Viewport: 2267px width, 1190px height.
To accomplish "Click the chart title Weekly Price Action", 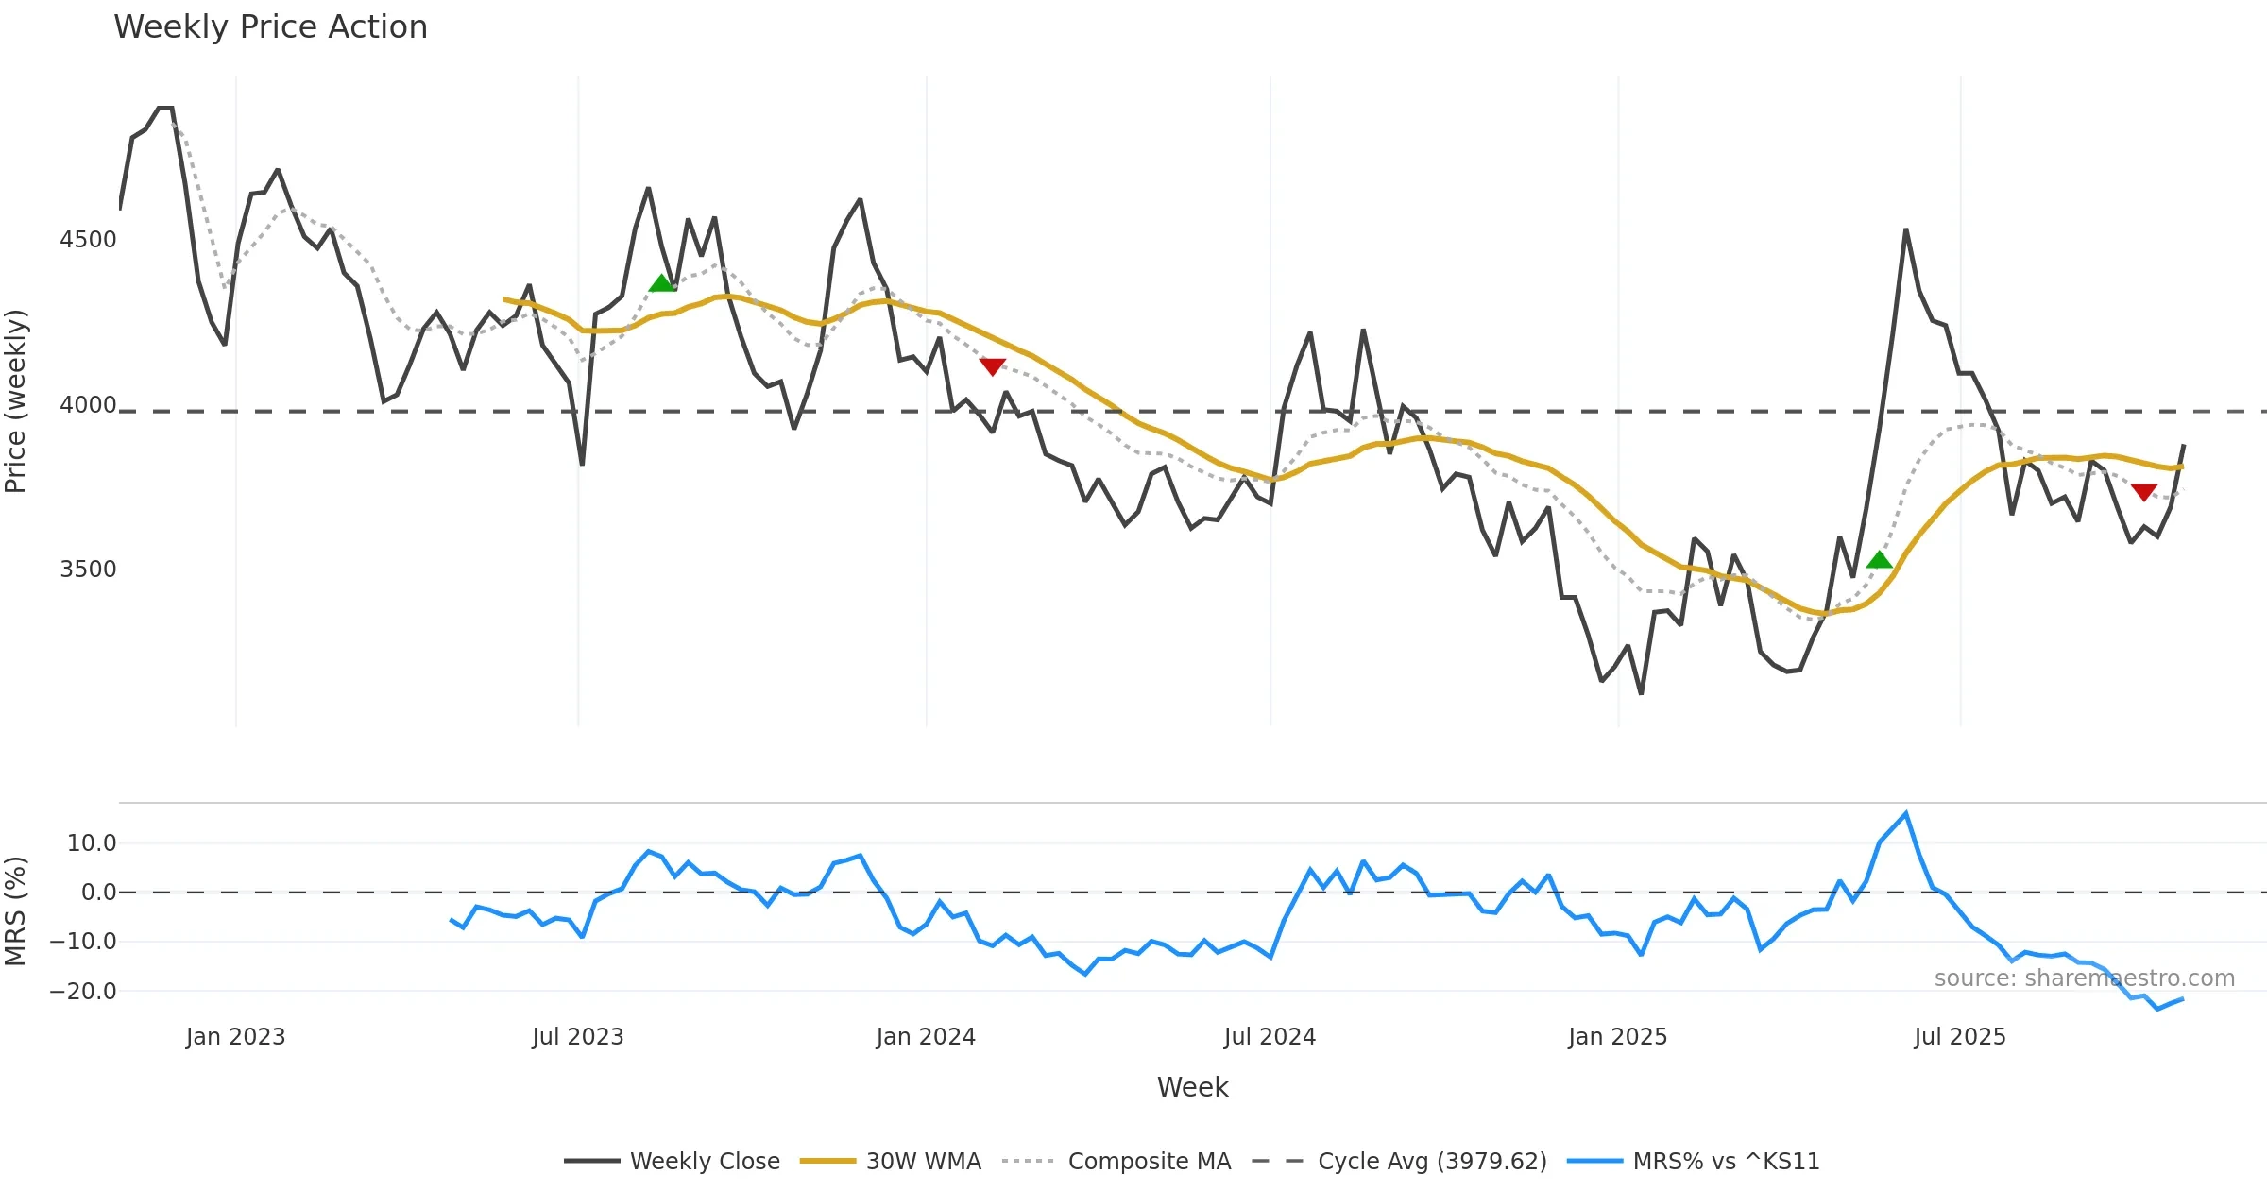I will click(x=270, y=27).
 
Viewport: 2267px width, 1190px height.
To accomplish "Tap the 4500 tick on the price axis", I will click(x=88, y=240).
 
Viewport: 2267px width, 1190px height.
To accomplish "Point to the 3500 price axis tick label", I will click(x=88, y=569).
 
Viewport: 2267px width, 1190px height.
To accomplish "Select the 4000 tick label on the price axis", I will click(x=88, y=405).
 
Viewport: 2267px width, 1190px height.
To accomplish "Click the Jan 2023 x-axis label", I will click(x=235, y=1037).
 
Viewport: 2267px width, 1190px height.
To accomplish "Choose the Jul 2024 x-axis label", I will click(x=1270, y=1037).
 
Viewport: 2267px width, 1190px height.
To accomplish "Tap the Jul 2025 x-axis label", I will click(x=1960, y=1037).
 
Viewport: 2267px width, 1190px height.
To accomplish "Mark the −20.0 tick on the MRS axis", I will click(x=83, y=992).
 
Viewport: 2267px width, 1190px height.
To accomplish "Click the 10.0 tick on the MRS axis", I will click(x=91, y=843).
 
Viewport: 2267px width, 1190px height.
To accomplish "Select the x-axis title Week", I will click(x=1192, y=1088).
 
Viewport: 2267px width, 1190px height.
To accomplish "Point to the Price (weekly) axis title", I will click(x=16, y=401).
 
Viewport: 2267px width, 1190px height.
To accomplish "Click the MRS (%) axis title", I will click(x=16, y=911).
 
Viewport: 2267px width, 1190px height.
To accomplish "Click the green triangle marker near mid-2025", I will click(x=1879, y=560).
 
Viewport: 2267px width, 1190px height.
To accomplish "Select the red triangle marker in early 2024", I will click(x=992, y=366).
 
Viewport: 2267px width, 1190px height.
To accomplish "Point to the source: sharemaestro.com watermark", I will click(x=2084, y=978).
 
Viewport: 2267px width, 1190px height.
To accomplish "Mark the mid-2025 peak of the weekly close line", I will click(x=1905, y=229).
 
